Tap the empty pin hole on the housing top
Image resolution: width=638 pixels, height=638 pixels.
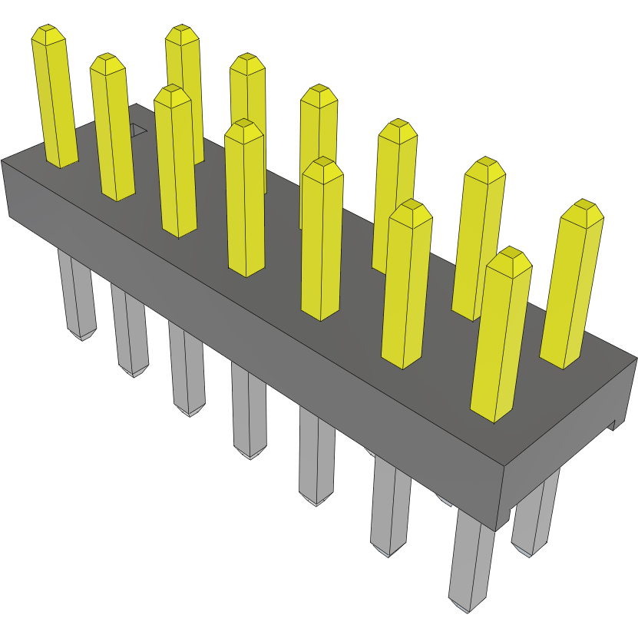137,130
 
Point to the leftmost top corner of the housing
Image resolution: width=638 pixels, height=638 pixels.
2,161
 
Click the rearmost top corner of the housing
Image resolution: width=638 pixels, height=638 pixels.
135,105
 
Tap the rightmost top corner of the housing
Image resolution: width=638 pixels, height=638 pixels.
636,358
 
